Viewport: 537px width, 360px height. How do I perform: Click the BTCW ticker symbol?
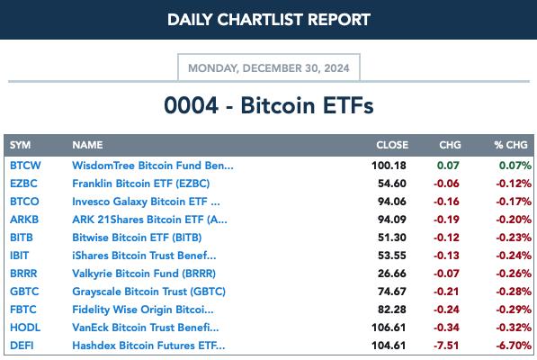coord(25,166)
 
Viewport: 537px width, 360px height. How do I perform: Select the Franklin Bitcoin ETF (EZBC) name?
coord(140,184)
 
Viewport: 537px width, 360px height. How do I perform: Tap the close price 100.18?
coord(389,166)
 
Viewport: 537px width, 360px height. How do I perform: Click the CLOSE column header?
coord(392,145)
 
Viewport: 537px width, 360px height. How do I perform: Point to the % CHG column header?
coord(511,145)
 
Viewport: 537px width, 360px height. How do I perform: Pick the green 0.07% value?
coord(515,166)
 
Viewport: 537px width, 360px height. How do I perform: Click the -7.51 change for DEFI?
coord(446,346)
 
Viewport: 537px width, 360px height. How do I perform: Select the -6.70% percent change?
coord(514,346)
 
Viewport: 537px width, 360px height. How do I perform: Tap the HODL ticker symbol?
coord(25,328)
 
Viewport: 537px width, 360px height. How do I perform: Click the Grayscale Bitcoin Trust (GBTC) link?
coord(148,292)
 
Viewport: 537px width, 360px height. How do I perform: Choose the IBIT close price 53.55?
coord(392,256)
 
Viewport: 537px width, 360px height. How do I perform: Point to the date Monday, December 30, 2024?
coord(269,68)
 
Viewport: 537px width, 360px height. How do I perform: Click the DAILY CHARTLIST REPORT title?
coord(269,20)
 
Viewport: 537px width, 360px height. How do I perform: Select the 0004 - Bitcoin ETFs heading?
coord(269,105)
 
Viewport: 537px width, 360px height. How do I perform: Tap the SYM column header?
coord(20,145)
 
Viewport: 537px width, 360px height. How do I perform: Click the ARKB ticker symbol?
coord(24,220)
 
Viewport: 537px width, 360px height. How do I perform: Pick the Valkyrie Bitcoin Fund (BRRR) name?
coord(144,274)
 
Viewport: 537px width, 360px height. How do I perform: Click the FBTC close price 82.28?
coord(392,310)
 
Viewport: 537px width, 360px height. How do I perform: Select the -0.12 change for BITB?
coord(446,238)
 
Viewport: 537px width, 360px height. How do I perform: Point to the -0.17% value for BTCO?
coord(514,202)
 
